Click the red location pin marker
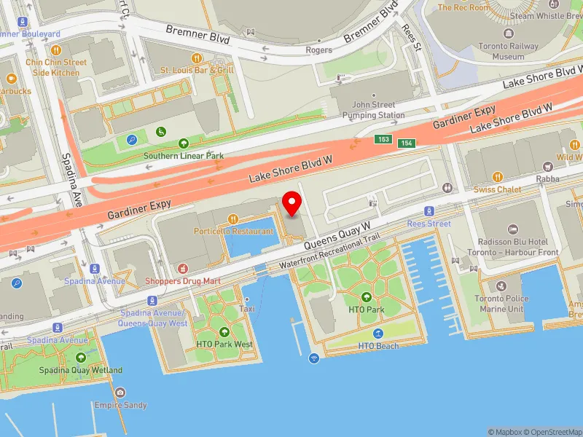[x=292, y=203]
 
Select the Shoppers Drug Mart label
[x=182, y=281]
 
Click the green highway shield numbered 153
[x=383, y=139]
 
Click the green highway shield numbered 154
[x=407, y=143]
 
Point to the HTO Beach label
[x=378, y=346]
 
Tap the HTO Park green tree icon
[x=366, y=297]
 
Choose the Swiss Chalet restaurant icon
[x=498, y=176]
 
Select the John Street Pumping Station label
[x=373, y=110]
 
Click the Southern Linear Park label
[x=184, y=156]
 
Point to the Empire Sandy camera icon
[x=120, y=393]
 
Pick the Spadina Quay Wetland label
[x=80, y=370]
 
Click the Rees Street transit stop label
[x=429, y=224]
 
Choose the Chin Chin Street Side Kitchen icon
[x=56, y=50]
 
